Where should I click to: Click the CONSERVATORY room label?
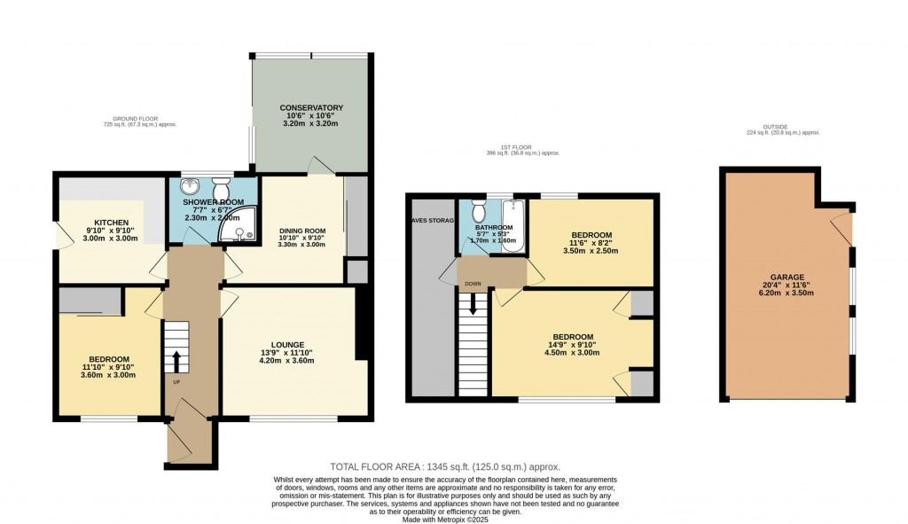tap(311, 108)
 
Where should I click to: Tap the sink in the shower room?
tap(189, 187)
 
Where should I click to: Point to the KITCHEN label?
tap(112, 223)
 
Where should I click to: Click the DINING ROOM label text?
tap(302, 231)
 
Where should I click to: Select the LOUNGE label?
tap(288, 345)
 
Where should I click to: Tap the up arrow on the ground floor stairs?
tap(176, 361)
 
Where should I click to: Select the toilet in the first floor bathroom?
tap(479, 212)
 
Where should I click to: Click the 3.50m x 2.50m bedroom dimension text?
tap(591, 251)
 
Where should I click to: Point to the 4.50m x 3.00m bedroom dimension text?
tap(573, 353)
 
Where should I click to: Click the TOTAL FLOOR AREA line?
tap(444, 466)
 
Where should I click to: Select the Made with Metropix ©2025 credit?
tap(444, 518)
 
